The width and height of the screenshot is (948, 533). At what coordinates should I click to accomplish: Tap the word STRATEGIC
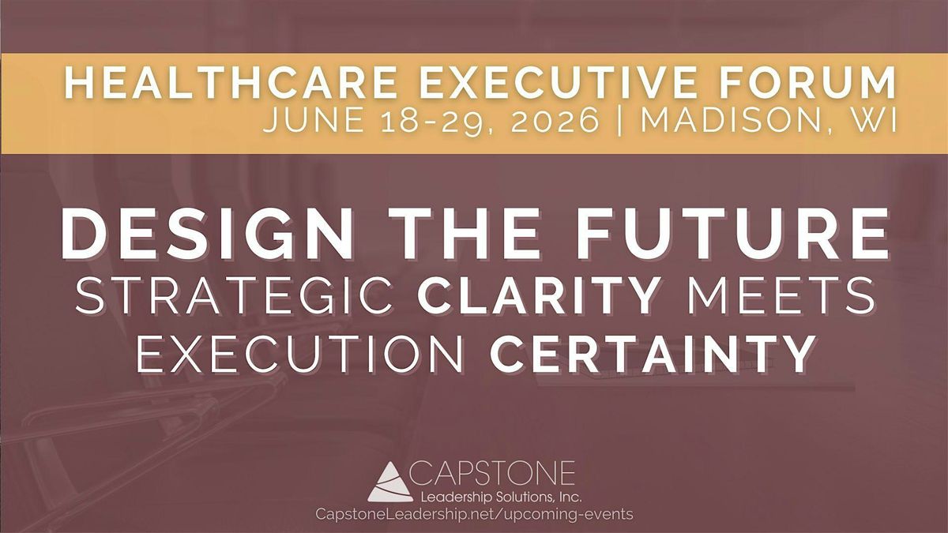tap(236, 295)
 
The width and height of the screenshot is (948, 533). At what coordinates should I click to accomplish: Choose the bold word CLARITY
tap(538, 295)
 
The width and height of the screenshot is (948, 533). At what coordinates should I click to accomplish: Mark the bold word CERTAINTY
tap(652, 355)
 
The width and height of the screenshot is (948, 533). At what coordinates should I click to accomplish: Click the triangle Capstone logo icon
tap(389, 482)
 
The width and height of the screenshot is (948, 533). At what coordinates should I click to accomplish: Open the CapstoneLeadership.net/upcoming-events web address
tap(473, 514)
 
